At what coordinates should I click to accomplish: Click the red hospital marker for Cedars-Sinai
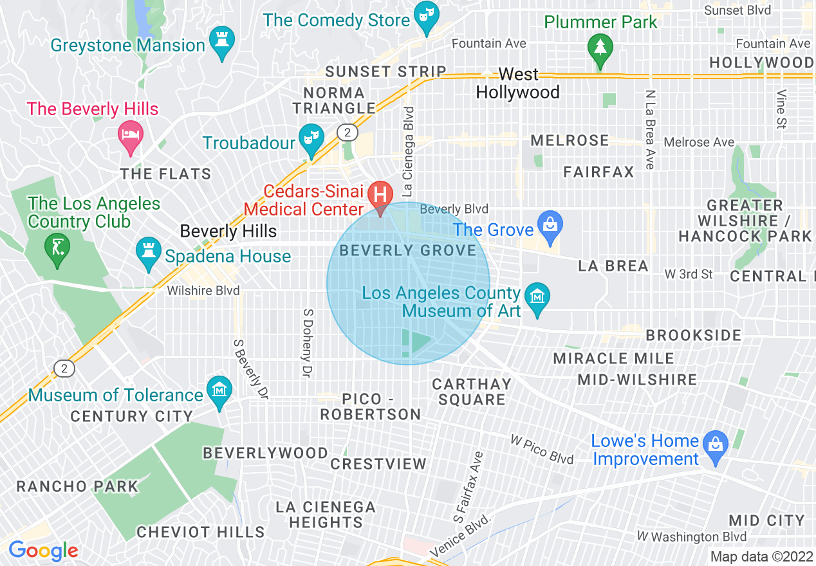click(x=380, y=194)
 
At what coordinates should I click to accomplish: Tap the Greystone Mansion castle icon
click(x=223, y=41)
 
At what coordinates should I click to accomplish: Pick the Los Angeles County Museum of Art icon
click(x=537, y=298)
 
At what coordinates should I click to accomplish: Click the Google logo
click(x=43, y=551)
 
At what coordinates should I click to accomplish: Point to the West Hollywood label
click(x=518, y=84)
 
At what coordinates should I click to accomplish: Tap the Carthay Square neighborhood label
click(x=472, y=392)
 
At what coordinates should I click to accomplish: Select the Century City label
click(x=131, y=417)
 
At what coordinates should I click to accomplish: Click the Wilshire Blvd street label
click(x=203, y=291)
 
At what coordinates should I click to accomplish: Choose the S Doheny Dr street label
click(x=308, y=343)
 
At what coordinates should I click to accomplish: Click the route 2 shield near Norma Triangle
click(x=347, y=132)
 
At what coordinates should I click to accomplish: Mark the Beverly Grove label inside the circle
click(x=408, y=250)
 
